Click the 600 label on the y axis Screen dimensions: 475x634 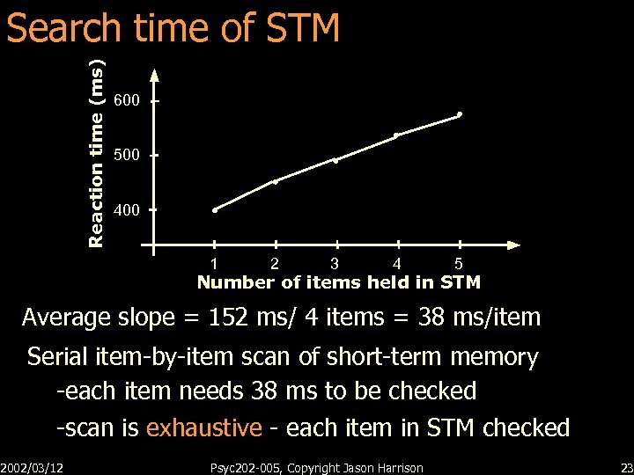[127, 101]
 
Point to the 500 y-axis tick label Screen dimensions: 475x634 [127, 156]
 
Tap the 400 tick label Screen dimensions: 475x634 [127, 210]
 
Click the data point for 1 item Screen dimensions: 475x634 [215, 210]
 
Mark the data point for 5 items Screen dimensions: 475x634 [460, 114]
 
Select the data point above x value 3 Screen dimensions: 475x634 [335, 161]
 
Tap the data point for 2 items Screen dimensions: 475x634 [276, 182]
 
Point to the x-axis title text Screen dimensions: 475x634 [339, 282]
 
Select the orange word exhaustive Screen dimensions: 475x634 [203, 428]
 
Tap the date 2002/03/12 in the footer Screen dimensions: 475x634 [38, 467]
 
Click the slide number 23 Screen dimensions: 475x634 [626, 467]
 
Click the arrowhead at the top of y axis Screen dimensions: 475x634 [154, 76]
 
